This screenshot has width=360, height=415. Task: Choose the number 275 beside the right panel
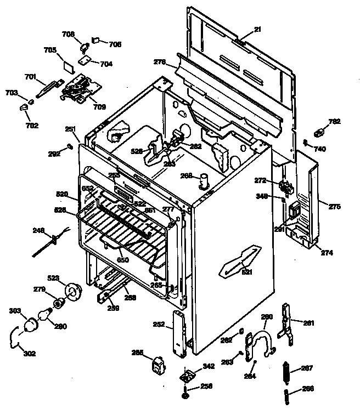(334, 207)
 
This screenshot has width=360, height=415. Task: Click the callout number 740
(320, 149)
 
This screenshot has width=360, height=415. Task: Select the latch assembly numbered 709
(78, 88)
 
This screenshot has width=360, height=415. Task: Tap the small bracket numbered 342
(189, 377)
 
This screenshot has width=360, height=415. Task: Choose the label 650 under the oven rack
(123, 259)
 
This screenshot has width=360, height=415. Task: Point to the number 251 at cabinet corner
(70, 129)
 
